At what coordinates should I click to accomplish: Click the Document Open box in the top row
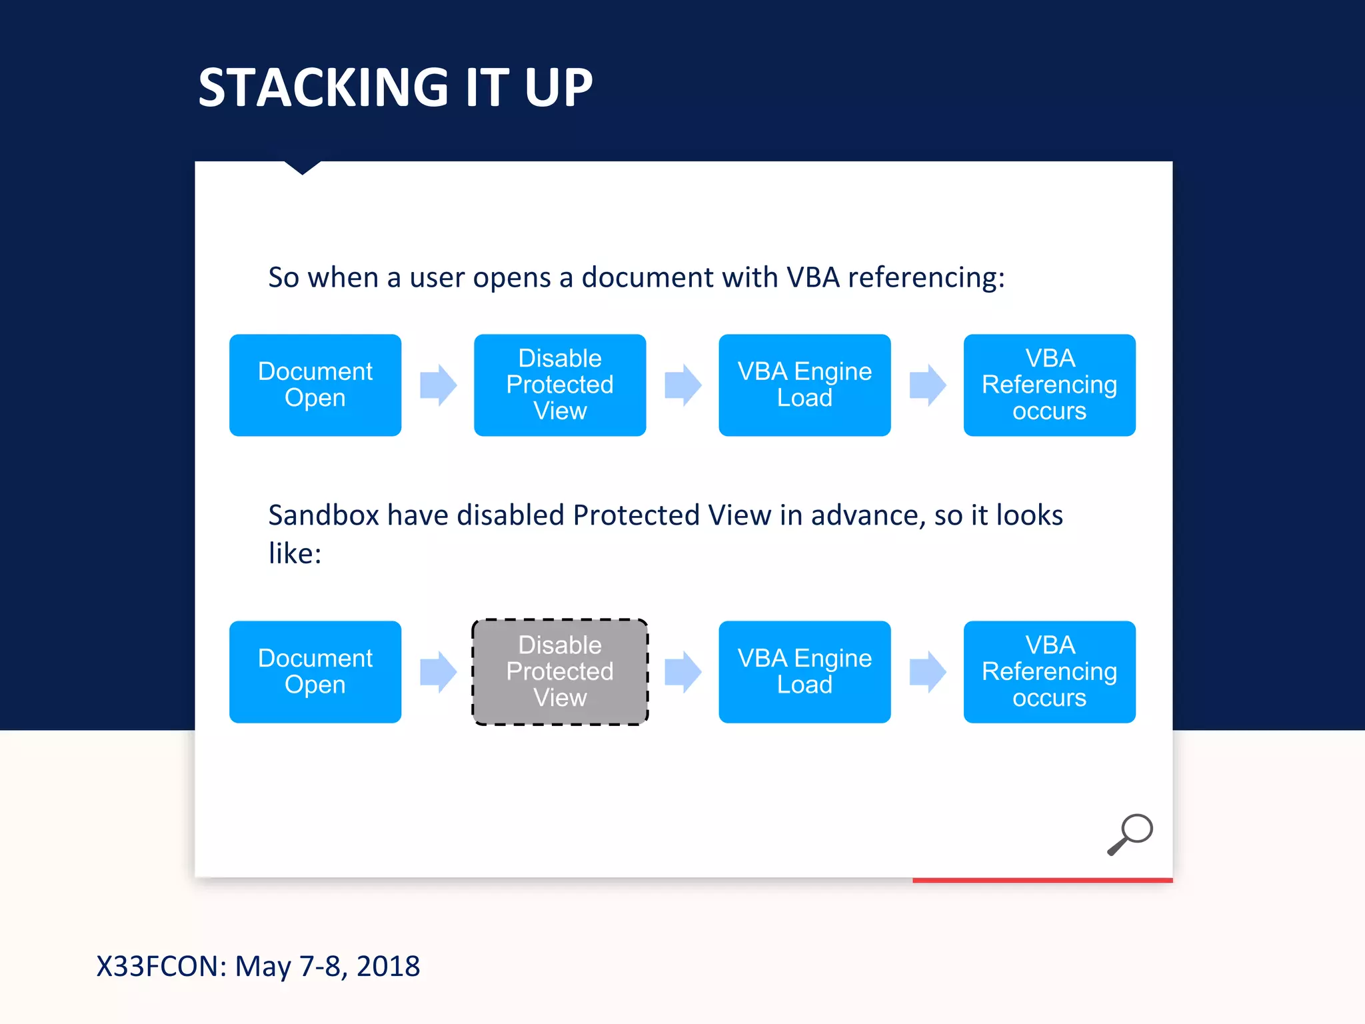tap(315, 385)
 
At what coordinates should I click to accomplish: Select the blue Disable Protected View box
tap(560, 385)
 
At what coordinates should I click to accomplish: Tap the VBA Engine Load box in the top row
tap(804, 385)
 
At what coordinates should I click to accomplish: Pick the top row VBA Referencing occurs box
tap(1049, 385)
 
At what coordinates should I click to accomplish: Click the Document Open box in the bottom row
tap(315, 671)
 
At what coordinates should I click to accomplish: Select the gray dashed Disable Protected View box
tap(560, 671)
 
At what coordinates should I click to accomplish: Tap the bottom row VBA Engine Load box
tap(804, 671)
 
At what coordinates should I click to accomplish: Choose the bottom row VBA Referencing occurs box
tap(1049, 671)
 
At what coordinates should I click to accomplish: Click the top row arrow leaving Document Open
tap(439, 385)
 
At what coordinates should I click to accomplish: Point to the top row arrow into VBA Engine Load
tap(683, 385)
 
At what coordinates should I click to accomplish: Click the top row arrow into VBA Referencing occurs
tap(928, 385)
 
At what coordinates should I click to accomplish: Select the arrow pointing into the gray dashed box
tap(439, 672)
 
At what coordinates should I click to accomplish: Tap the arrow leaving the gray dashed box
tap(683, 672)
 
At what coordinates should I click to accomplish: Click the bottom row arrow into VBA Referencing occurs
tap(928, 672)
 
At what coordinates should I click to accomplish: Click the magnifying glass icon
tap(1130, 833)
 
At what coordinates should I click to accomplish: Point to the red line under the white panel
tap(1042, 880)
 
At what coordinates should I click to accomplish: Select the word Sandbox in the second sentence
tap(323, 515)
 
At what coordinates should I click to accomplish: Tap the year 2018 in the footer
tap(388, 966)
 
